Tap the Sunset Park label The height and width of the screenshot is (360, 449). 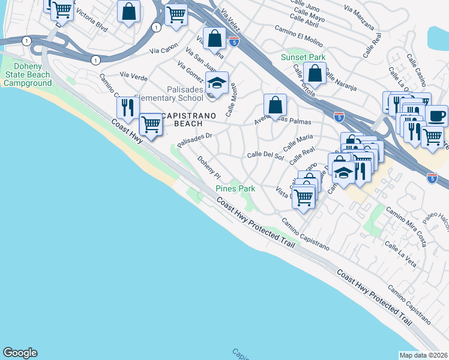click(x=303, y=58)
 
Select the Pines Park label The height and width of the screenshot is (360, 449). click(x=235, y=188)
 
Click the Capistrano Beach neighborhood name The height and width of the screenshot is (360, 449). click(x=184, y=119)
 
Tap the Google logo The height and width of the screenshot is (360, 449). click(x=20, y=353)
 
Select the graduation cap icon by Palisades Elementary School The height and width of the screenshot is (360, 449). click(x=217, y=83)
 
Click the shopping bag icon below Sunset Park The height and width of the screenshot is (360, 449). click(x=315, y=74)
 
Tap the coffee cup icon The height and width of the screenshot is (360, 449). click(x=436, y=115)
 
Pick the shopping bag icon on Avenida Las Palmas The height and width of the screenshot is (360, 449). click(x=274, y=106)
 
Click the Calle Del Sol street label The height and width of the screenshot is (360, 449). click(x=265, y=155)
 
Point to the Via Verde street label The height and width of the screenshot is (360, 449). click(x=133, y=75)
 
